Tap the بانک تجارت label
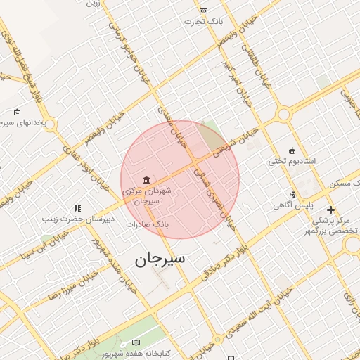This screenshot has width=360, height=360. click(203, 21)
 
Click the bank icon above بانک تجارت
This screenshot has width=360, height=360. click(203, 11)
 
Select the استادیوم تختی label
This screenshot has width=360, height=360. click(291, 161)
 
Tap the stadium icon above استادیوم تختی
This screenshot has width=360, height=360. click(291, 150)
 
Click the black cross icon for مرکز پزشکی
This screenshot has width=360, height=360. click(330, 210)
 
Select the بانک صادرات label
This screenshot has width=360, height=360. click(149, 224)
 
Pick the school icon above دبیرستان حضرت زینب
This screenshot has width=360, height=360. click(77, 208)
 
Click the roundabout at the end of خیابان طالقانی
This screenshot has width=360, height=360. click(284, 114)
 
